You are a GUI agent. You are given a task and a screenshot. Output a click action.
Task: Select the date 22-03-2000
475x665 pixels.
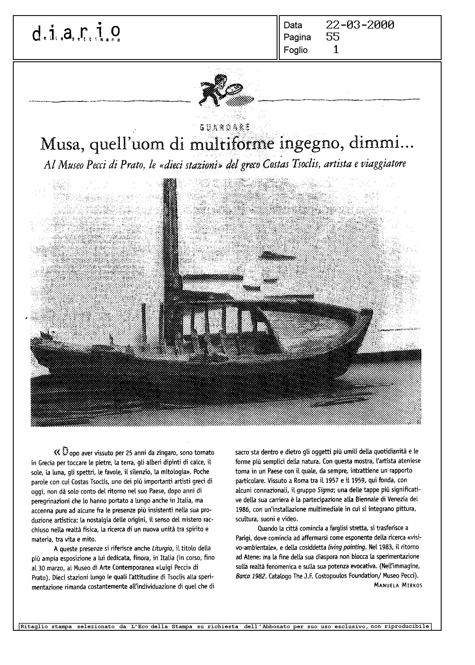pos(360,25)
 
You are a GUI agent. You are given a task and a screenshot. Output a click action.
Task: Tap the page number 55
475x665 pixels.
pos(333,37)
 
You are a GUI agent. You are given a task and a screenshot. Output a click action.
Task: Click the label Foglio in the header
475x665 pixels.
pos(295,50)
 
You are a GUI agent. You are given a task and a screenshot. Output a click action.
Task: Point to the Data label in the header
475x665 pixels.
pos(293,25)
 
